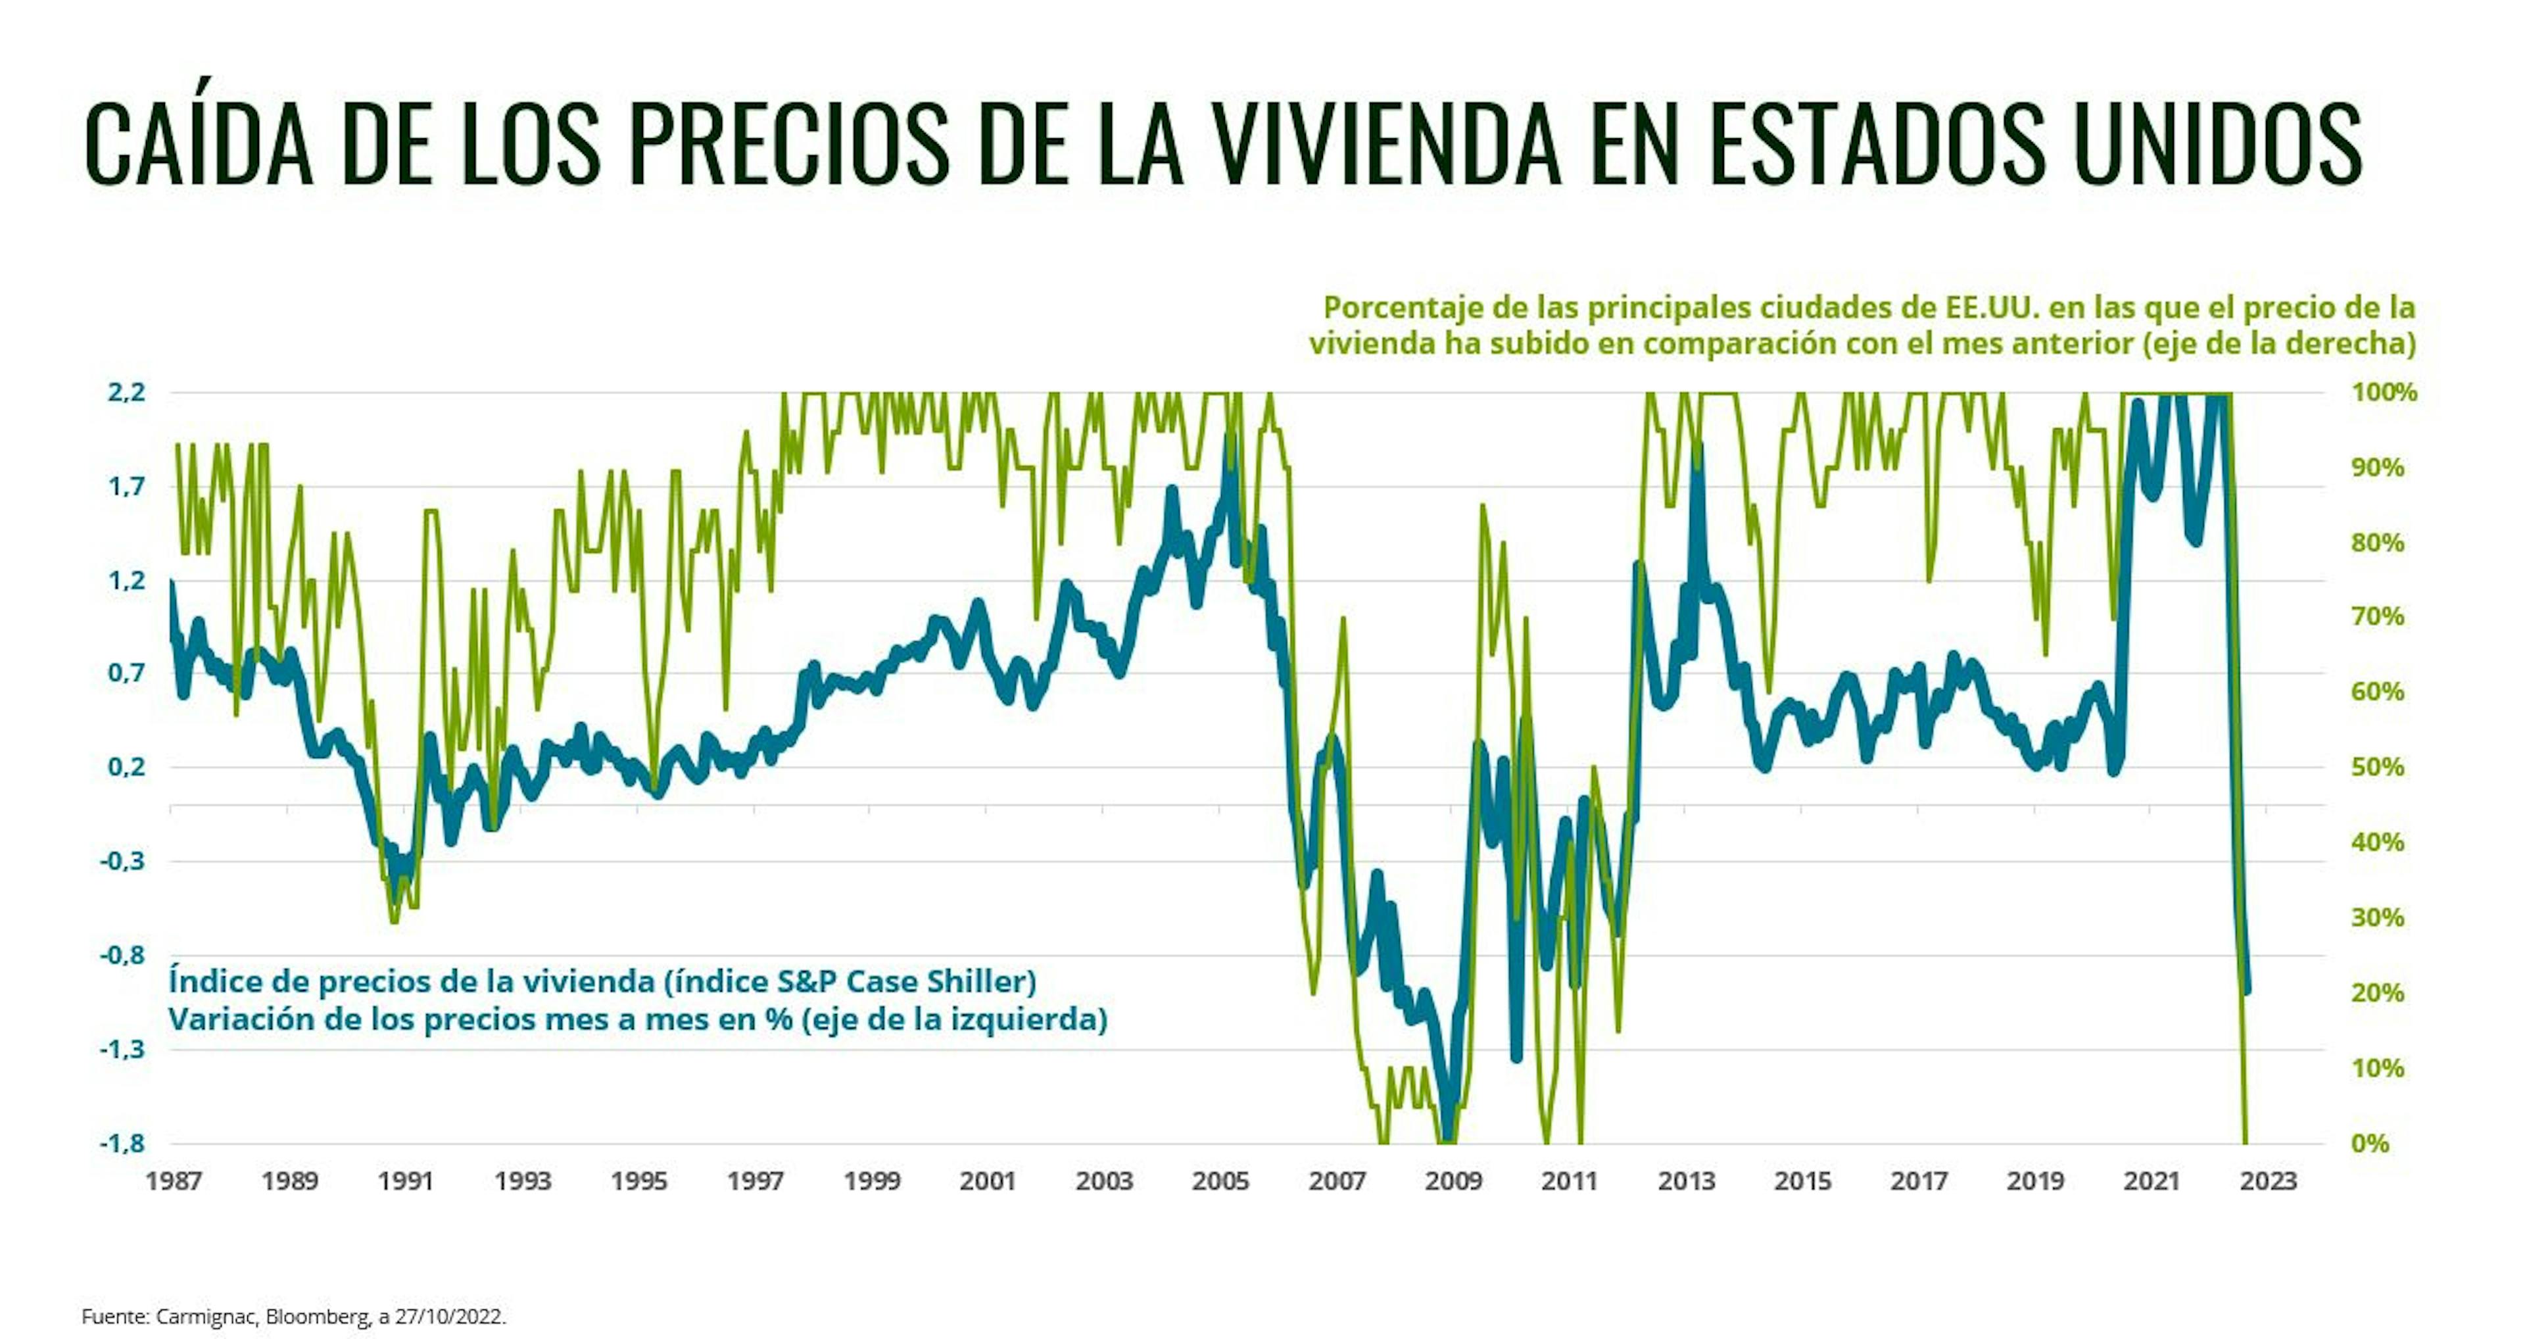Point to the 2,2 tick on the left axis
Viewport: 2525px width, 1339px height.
(126, 393)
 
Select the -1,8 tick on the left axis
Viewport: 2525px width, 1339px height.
(122, 1143)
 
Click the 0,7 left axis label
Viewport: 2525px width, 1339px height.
(126, 673)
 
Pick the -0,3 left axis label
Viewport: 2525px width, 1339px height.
(122, 861)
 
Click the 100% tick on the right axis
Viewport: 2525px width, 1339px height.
(2385, 393)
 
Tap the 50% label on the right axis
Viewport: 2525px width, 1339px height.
(2379, 767)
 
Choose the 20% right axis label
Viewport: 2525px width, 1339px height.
(2379, 993)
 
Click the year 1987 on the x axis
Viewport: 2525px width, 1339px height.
(174, 1181)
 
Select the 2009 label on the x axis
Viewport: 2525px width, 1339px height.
(1454, 1181)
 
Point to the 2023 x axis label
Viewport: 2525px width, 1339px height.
(2268, 1181)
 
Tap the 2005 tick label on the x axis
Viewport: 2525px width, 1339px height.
(1220, 1181)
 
